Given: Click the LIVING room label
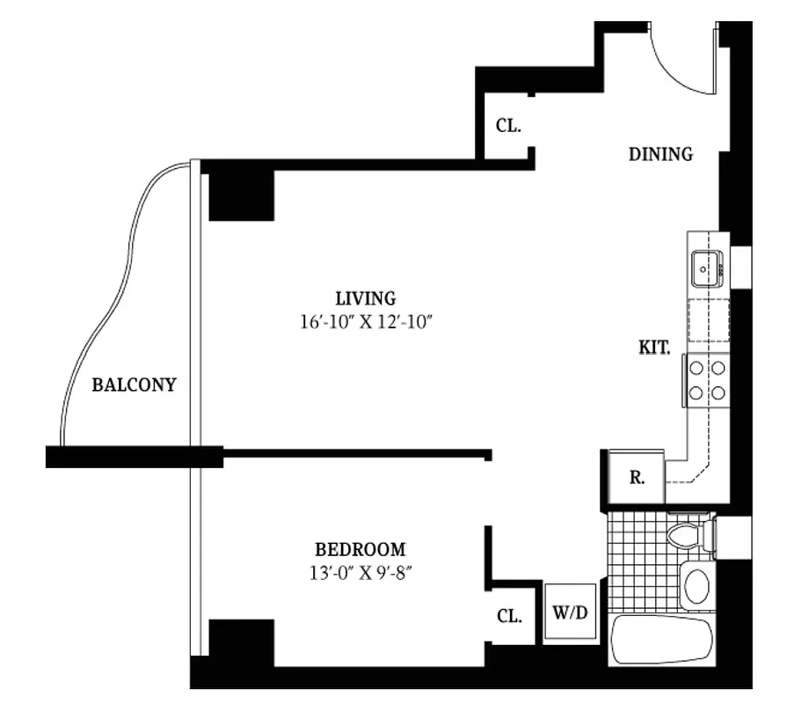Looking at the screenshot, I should click(x=365, y=298).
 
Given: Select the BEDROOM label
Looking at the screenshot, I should click(x=361, y=550).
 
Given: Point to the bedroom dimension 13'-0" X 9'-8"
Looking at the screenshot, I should click(x=361, y=572).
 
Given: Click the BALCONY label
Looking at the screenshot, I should click(x=135, y=385).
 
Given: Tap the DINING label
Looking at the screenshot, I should click(x=660, y=155).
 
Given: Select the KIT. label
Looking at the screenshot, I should click(x=654, y=348).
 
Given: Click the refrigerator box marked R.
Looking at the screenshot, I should click(x=638, y=479).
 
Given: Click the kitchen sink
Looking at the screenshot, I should click(x=706, y=268).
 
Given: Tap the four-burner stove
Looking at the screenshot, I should click(x=707, y=380).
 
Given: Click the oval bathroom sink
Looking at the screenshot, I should click(x=696, y=585).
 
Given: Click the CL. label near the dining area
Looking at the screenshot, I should click(x=508, y=126).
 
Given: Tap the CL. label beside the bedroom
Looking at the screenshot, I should click(x=508, y=617).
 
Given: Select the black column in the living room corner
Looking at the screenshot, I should click(x=241, y=194).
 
